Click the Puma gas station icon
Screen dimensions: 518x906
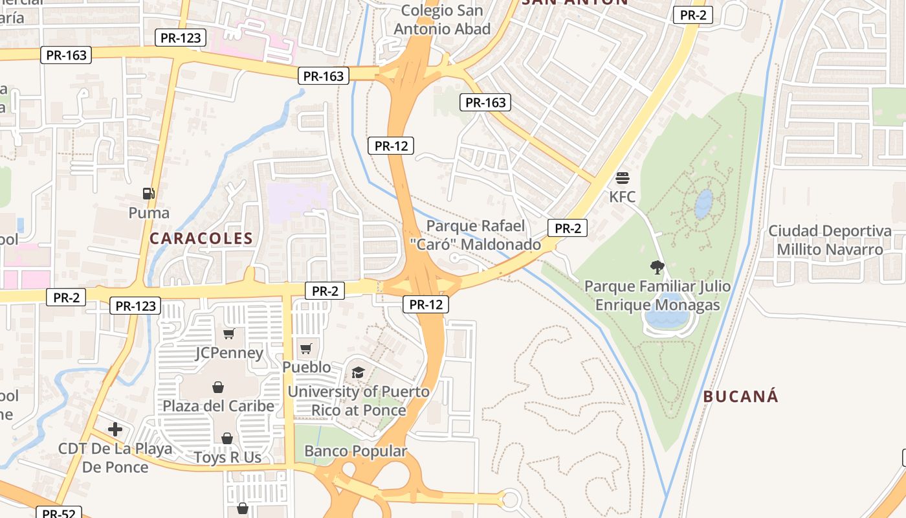point(149,193)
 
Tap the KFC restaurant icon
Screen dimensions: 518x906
point(623,177)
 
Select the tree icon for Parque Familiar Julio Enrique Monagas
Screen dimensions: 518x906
point(657,267)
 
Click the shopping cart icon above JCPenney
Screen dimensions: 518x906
point(228,333)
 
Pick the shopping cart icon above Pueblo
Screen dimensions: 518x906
point(306,348)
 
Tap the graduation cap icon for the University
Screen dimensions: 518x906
point(358,372)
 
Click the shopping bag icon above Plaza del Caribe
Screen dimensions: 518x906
point(218,387)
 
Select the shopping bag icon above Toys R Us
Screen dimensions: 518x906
point(227,438)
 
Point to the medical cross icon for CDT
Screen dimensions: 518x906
point(115,429)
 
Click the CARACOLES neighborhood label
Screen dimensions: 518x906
point(201,238)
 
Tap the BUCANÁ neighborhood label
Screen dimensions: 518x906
point(740,397)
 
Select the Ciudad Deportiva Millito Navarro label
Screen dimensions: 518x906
point(830,240)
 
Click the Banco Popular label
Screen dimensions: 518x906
point(355,451)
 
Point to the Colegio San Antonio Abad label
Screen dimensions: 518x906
point(442,19)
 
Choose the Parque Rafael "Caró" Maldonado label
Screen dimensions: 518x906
point(484,235)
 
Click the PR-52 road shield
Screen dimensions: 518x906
point(59,513)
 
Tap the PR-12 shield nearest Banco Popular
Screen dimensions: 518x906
point(425,304)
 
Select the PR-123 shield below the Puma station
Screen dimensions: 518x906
point(135,306)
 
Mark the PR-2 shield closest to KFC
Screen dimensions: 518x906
point(567,228)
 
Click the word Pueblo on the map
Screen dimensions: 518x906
point(306,367)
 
